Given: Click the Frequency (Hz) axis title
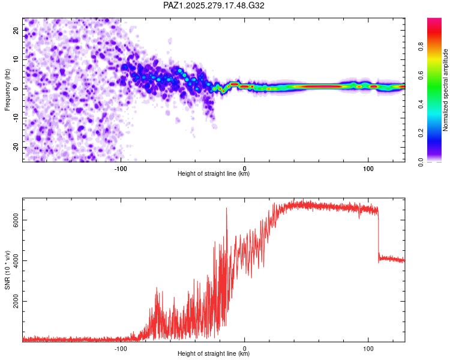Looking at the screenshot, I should [x=7, y=90].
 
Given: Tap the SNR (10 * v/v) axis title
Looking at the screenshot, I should [x=7, y=271].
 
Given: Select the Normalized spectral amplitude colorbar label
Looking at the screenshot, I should [x=446, y=90].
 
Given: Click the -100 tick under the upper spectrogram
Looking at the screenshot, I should [x=121, y=167].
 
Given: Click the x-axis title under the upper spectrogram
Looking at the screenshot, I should [x=214, y=174].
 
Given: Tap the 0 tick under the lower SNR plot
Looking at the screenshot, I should [x=244, y=347].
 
